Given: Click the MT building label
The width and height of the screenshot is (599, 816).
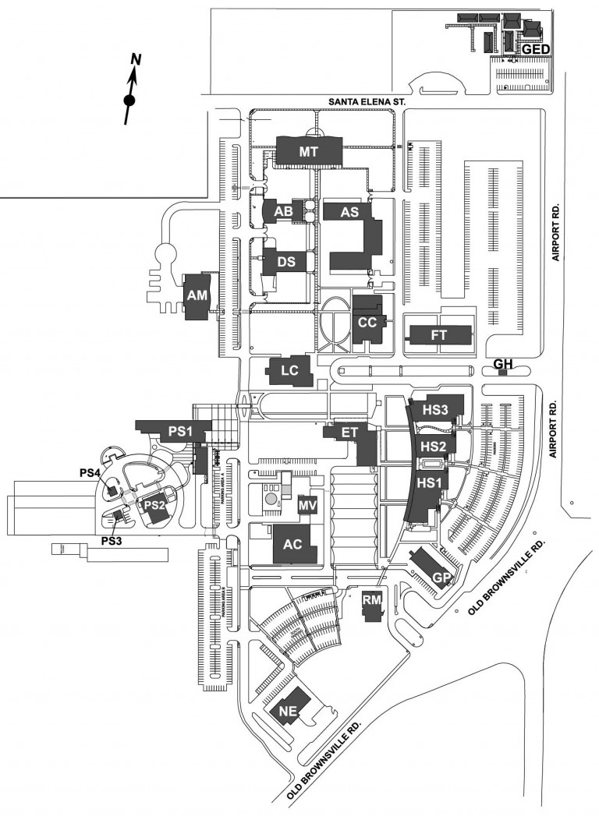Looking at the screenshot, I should pos(309,152).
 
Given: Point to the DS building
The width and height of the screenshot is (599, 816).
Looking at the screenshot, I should pos(286,262).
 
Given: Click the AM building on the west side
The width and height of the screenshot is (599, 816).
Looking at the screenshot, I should pos(197,295).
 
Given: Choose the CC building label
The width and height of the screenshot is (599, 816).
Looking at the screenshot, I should pos(367,321).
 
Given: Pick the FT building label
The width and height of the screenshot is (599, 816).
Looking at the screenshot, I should pos(438,336).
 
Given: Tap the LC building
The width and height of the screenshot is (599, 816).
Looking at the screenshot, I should pos(289,372).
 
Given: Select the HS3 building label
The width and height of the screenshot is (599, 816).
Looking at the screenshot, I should pos(434,409).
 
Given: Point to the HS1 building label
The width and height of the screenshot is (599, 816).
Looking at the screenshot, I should pos(429,483).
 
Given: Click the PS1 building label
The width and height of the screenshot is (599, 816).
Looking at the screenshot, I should pos(180,430).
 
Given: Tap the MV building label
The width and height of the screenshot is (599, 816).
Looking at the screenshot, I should pos(307,505).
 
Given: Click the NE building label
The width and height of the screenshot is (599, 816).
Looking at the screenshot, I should pos(286,711).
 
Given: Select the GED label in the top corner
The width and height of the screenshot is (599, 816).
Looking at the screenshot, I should pos(536,48).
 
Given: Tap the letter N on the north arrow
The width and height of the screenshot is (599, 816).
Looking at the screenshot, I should pos(135,58).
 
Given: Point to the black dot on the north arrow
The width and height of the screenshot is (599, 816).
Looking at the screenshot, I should pos(129,100).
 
